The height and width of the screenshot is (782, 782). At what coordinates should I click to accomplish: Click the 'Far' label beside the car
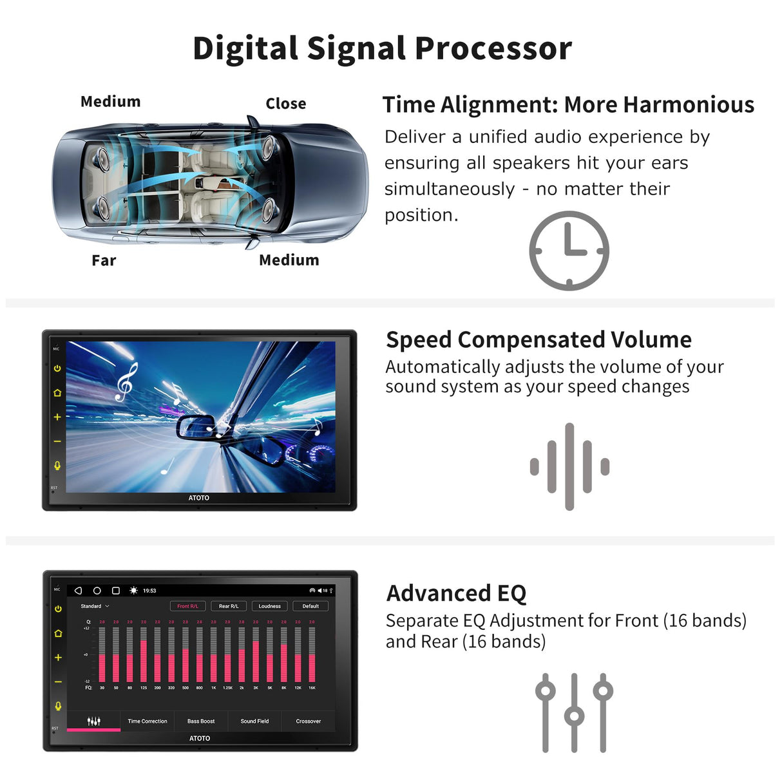pos(104,260)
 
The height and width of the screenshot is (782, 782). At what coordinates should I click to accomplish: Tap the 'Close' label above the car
pos(285,104)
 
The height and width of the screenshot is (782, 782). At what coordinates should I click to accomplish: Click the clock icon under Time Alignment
pos(569,251)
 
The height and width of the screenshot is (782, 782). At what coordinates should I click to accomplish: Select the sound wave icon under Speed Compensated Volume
pos(569,466)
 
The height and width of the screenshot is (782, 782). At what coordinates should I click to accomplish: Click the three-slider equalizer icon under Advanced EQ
pos(574,712)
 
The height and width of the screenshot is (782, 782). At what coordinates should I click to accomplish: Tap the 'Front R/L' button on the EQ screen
pos(187,606)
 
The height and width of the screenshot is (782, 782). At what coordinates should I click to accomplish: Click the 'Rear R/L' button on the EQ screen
pos(229,606)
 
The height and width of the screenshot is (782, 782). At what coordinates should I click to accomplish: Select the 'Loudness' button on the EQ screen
pos(269,606)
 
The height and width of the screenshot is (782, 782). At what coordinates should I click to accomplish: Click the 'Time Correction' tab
pos(148,721)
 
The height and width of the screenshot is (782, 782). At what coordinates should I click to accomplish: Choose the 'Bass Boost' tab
pos(201,721)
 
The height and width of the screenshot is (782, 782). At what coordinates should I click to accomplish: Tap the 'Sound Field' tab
pos(254,721)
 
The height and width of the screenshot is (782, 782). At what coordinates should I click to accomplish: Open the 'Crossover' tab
pos(308,721)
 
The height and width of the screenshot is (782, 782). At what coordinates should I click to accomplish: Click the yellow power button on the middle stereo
pos(57,368)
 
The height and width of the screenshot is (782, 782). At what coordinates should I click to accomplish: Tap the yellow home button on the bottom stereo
pos(58,633)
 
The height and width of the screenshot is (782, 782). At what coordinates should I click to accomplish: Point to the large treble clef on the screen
pos(126,381)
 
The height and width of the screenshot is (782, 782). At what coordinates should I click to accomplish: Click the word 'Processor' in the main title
pos(493,48)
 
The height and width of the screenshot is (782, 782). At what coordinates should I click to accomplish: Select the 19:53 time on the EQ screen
pos(149,590)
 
